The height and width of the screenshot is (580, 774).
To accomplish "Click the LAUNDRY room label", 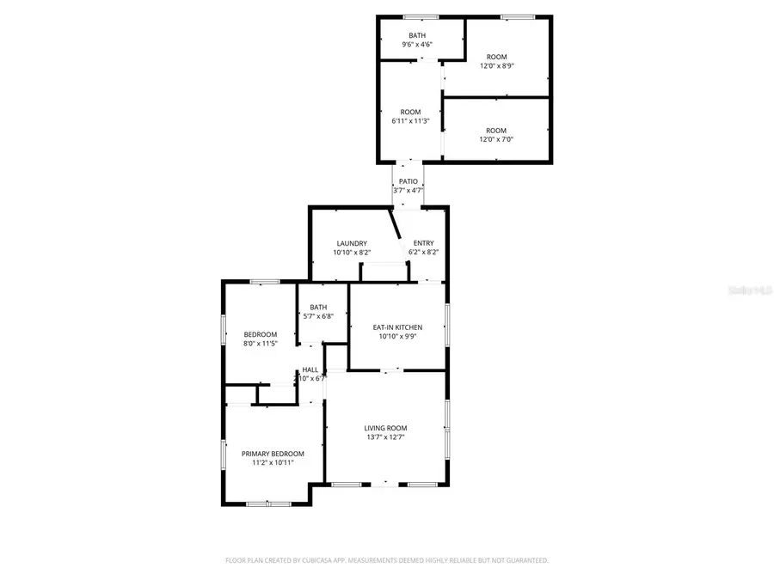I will coord(352,243).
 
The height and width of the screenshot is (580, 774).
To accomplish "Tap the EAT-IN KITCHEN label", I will coord(396,327).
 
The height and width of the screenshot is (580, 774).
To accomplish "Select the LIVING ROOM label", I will coord(385,428).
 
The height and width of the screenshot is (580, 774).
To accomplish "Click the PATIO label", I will coord(408,181).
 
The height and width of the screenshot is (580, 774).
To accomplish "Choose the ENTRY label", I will coord(423,243).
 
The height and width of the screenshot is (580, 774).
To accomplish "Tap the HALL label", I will coord(310,369).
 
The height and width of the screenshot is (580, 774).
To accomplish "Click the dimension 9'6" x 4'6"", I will coord(416,45).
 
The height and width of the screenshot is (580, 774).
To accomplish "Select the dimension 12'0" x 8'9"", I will coord(496,66).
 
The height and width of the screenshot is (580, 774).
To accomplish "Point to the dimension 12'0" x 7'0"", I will coord(496,140).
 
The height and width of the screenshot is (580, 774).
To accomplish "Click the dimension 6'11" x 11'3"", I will coord(410,122).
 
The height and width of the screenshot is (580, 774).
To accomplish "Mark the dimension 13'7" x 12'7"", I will coord(385,437).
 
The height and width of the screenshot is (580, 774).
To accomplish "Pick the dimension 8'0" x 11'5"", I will coord(260,344).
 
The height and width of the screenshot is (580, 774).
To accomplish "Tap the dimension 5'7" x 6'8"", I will coord(318,316).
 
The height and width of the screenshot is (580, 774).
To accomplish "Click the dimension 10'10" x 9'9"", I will coord(396,337).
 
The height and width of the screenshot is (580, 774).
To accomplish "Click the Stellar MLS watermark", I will coord(750,291).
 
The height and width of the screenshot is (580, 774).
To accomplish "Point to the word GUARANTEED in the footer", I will coord(525,560).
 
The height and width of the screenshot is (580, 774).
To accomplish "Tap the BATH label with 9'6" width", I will coord(416,35).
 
